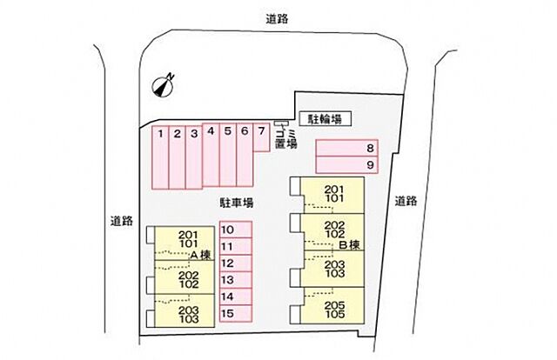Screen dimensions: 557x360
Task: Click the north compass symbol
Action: point(163,85)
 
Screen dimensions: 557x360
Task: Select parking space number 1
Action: point(160,157)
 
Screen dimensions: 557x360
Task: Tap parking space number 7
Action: point(261,137)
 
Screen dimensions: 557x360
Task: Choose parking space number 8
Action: point(346,148)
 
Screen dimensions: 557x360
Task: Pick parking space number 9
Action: point(346,164)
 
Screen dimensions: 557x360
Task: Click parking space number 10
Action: point(236,230)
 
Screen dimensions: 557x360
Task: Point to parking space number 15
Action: point(236,314)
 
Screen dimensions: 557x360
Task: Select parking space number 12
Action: point(236,263)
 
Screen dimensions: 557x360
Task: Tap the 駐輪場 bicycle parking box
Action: point(325,119)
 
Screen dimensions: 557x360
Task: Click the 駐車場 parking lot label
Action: point(236,203)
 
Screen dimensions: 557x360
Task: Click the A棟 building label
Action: point(201,255)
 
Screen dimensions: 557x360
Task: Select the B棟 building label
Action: point(350,245)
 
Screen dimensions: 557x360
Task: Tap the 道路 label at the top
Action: point(277,18)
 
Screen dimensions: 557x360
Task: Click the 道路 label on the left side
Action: point(122,221)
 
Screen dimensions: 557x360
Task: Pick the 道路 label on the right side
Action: point(406,201)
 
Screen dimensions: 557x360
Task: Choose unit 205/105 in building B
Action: point(332,305)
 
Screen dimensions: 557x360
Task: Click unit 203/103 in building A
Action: point(185,310)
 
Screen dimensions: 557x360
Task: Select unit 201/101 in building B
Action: point(332,196)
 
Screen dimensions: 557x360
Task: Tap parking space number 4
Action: point(211,155)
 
